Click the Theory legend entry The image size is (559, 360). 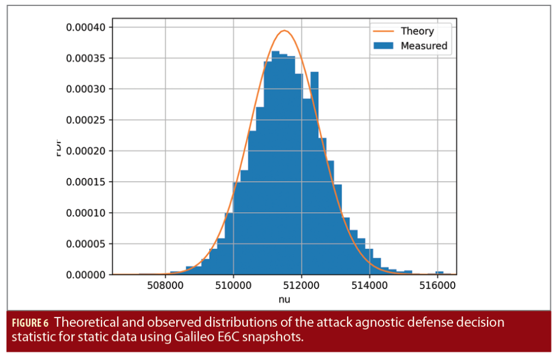click(x=417, y=31)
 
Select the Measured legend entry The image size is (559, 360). click(x=424, y=46)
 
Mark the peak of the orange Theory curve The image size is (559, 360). click(x=284, y=31)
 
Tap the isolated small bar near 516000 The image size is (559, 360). click(x=439, y=273)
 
